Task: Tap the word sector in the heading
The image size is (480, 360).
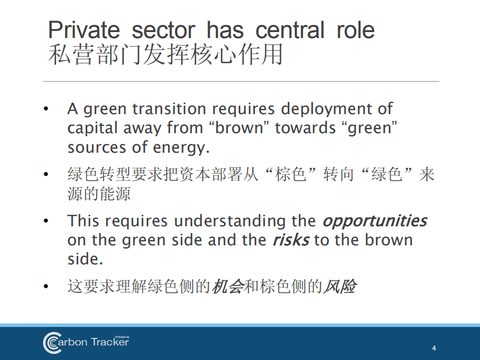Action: click(x=164, y=31)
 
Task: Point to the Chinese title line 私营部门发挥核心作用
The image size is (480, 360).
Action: click(x=166, y=55)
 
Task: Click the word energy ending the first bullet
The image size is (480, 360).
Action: click(x=181, y=148)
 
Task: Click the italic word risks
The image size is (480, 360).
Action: click(x=291, y=240)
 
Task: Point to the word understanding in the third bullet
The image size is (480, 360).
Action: click(x=230, y=221)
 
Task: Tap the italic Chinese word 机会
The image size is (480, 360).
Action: click(x=227, y=286)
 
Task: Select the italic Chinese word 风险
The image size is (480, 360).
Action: click(x=340, y=286)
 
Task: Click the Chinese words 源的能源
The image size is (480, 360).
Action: click(x=99, y=193)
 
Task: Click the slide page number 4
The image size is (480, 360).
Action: click(x=434, y=348)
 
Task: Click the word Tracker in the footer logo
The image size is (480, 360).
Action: click(x=110, y=342)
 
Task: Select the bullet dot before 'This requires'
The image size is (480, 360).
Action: click(x=46, y=221)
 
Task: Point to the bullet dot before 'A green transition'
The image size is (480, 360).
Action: click(x=46, y=109)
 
